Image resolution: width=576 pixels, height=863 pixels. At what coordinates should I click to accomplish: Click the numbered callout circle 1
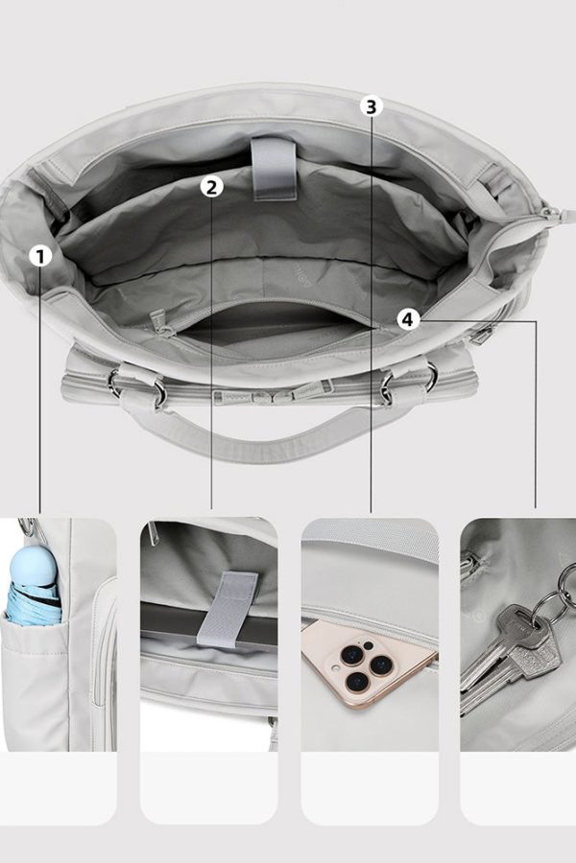pos(40,256)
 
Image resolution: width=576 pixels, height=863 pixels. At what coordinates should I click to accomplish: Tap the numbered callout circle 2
pos(211,187)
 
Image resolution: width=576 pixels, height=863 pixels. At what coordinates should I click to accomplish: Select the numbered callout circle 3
pos(371,106)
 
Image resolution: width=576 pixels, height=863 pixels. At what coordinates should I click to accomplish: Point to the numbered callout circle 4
pos(407,319)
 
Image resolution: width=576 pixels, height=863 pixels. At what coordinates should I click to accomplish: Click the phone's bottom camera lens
pos(356,683)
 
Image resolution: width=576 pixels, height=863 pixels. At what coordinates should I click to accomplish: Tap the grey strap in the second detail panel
pos(227,608)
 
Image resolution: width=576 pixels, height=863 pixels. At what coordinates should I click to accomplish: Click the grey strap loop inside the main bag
pos(274,167)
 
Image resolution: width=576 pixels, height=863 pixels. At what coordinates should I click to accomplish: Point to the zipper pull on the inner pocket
pos(160,322)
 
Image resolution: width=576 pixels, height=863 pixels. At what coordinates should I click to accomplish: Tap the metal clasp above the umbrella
pos(28,526)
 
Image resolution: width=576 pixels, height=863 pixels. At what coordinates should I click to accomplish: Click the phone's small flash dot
pos(369,645)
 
